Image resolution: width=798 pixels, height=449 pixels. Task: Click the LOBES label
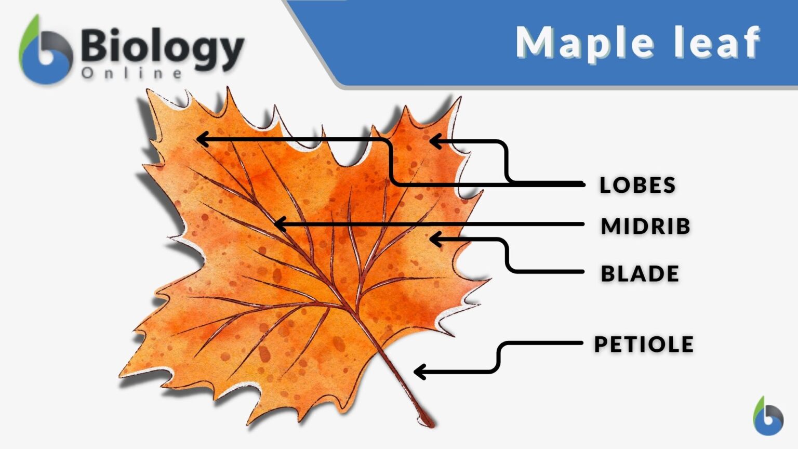pos(637,185)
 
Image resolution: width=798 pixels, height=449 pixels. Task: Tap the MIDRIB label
pos(645,226)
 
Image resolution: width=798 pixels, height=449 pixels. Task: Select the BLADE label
pos(640,273)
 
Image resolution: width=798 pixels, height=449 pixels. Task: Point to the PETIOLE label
pos(644,344)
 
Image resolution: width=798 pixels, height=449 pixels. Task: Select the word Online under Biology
pos(132,73)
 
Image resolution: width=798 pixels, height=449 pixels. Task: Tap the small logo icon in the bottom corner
pos(768,416)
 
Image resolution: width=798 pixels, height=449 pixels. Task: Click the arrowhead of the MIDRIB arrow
pos(277,224)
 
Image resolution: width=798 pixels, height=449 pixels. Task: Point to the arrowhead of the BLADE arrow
pos(433,239)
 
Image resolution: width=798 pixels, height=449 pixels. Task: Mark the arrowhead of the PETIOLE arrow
pos(417,372)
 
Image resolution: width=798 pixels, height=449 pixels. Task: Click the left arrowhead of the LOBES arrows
pos(200,139)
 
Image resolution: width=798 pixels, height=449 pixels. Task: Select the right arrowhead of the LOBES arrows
pos(433,141)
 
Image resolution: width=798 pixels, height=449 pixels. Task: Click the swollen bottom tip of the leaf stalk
pos(429,421)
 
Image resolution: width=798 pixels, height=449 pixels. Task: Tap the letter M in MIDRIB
pos(610,226)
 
